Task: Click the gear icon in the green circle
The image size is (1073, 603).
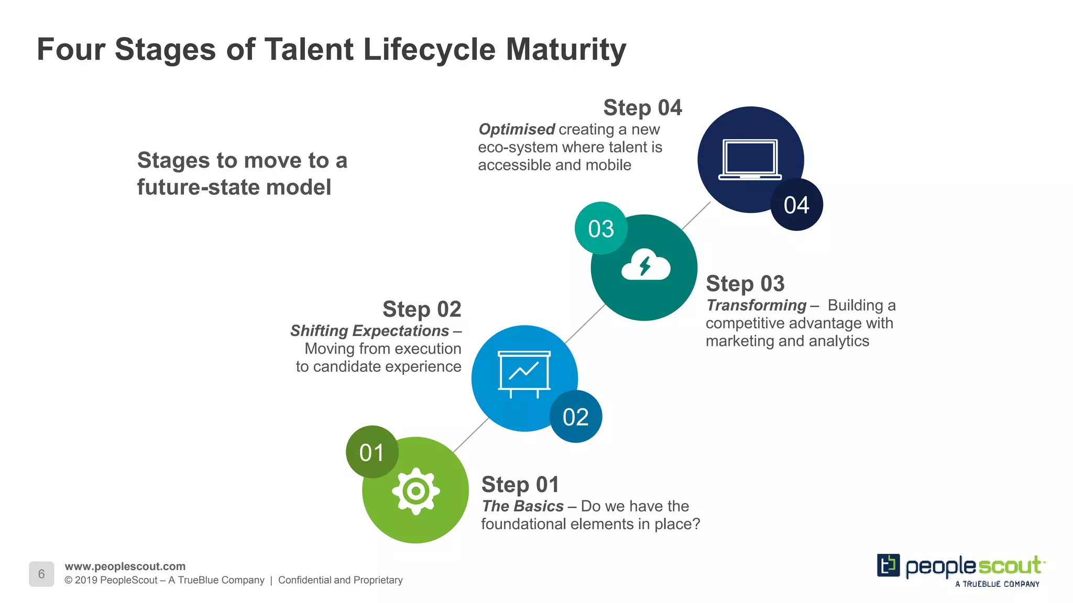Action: point(415,491)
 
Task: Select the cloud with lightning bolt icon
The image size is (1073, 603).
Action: point(645,265)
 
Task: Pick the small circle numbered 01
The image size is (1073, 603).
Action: point(372,452)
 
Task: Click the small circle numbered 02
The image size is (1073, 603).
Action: point(575,417)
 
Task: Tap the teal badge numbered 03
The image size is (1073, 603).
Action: point(601,229)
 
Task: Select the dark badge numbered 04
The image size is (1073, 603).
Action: point(796,205)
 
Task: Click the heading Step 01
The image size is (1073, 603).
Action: point(520,485)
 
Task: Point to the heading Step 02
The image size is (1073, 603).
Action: point(422,309)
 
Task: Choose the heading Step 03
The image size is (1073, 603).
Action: point(745,284)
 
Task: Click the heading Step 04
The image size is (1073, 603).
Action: point(642,108)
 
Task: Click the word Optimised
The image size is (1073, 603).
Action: point(517,129)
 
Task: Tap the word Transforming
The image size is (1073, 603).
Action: point(756,305)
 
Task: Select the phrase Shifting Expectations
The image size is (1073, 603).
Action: point(369,331)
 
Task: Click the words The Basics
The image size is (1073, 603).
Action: point(522,506)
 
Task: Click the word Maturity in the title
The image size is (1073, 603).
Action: point(566,50)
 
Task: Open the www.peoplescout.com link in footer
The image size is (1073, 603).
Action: point(125,566)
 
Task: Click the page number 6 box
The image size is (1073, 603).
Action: point(41,574)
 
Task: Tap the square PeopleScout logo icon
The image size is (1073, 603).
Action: point(888,565)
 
